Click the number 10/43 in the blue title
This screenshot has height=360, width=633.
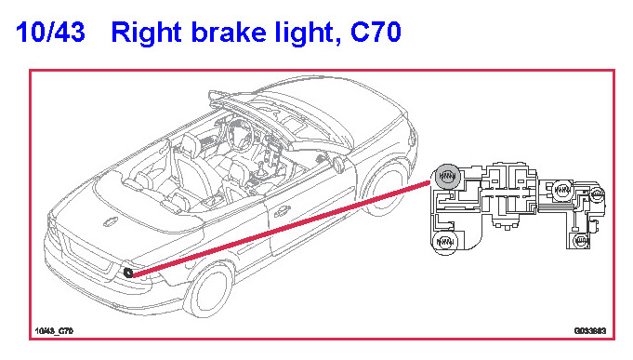(x=50, y=32)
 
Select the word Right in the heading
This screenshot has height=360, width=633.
(x=146, y=33)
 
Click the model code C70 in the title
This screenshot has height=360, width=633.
(x=376, y=32)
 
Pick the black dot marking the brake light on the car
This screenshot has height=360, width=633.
(x=128, y=273)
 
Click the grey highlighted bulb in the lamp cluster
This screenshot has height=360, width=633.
(x=447, y=177)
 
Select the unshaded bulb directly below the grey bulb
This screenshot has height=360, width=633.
(x=445, y=242)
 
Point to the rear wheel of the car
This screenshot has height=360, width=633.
(x=209, y=289)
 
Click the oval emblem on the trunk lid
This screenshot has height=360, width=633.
(x=111, y=221)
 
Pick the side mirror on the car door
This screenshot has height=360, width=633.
(x=338, y=164)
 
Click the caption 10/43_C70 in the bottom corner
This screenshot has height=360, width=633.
(x=54, y=331)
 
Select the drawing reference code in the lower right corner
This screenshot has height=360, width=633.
(x=590, y=331)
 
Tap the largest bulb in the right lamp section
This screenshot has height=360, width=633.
(x=562, y=189)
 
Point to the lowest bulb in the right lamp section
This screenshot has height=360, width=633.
(x=580, y=241)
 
